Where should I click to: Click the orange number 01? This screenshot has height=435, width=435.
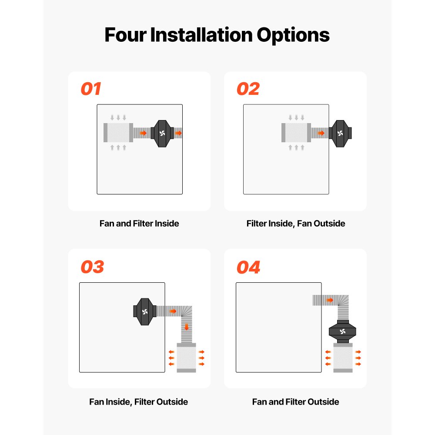(x=91, y=89)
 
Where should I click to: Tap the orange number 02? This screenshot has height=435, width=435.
(x=248, y=89)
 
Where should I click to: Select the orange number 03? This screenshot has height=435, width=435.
(x=92, y=267)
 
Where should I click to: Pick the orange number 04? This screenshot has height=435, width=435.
(x=248, y=267)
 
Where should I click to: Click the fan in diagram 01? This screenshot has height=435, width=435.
(x=162, y=133)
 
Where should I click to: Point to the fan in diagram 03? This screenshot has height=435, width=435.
(x=145, y=311)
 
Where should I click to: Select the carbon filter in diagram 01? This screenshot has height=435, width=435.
(x=118, y=132)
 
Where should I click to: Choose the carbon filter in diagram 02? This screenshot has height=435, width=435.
(x=296, y=132)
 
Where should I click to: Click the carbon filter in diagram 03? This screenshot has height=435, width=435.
(x=186, y=358)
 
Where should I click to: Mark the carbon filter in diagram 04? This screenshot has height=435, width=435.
(x=343, y=358)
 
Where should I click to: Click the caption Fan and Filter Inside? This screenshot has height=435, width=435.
(x=139, y=224)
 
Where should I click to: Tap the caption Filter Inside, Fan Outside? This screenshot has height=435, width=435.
(x=295, y=224)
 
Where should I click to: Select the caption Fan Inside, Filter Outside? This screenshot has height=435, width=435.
(x=138, y=402)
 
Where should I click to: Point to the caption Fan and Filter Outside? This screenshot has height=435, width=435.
(x=295, y=402)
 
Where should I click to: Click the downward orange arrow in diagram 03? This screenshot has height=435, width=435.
(x=187, y=327)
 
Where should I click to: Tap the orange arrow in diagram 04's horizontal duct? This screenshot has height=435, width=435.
(x=330, y=300)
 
